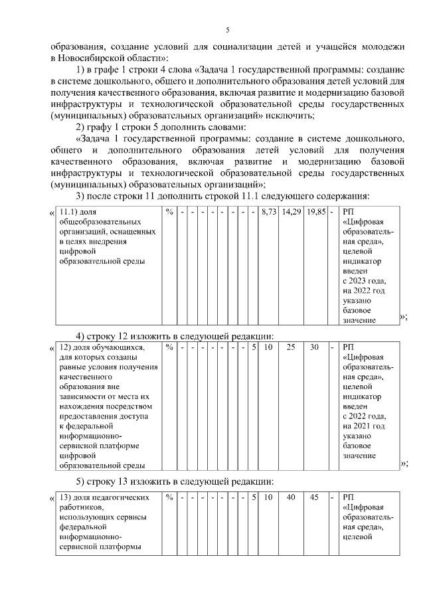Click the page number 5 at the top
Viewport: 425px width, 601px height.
pos(227,31)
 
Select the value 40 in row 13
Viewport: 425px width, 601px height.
pos(291,497)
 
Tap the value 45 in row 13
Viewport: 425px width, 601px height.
pos(315,497)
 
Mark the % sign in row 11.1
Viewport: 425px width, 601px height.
pos(169,212)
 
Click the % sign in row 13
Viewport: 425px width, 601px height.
pos(169,497)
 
